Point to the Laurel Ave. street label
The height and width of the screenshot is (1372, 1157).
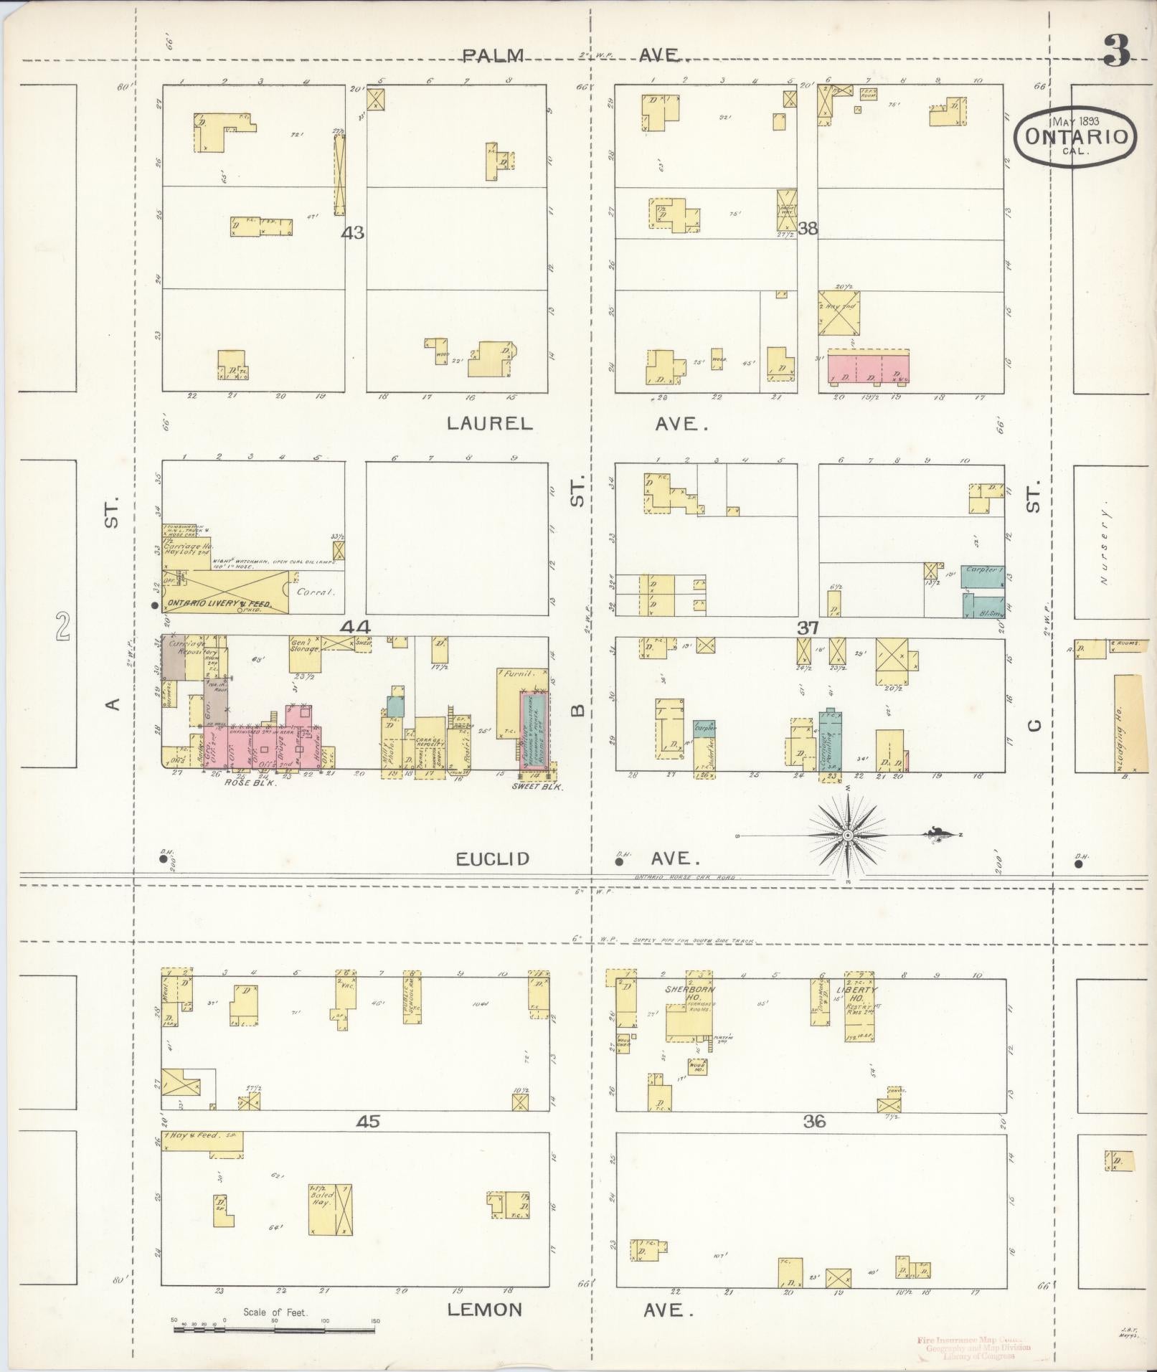click(577, 423)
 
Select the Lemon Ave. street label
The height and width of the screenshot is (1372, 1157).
click(570, 1310)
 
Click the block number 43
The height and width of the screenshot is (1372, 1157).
click(353, 232)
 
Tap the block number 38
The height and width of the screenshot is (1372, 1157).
click(808, 229)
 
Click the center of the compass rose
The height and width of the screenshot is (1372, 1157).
click(847, 836)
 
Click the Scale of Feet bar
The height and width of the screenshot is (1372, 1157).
click(274, 1330)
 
